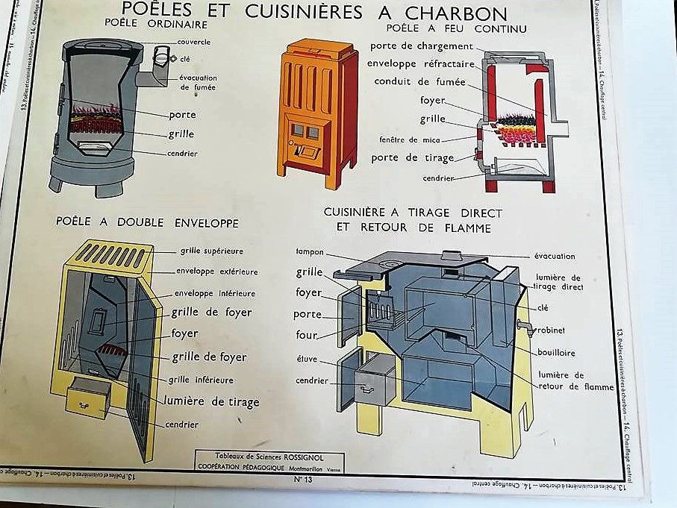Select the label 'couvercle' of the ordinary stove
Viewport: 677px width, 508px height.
[x=195, y=42]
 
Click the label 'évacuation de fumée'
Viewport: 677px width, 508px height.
[x=198, y=82]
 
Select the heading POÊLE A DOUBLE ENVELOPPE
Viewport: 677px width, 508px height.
[x=148, y=222]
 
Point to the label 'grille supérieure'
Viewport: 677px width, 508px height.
[x=211, y=251]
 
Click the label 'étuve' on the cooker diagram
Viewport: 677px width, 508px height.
[x=307, y=359]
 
